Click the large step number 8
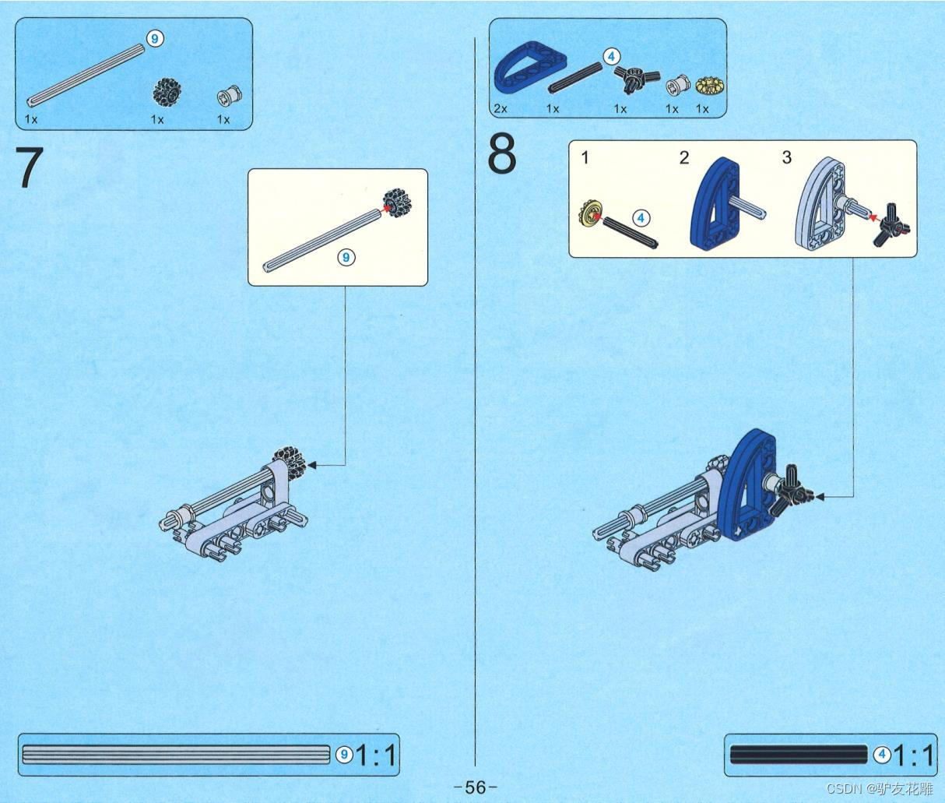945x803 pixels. tap(502, 153)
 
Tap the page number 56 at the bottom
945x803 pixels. tap(475, 787)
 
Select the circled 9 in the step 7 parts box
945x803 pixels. tap(155, 39)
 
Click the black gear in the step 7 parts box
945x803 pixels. tap(167, 92)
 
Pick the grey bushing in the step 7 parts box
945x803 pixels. tap(230, 95)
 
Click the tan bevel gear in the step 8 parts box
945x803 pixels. tap(710, 86)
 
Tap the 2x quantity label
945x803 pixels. tap(501, 109)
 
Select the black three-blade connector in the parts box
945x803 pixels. tap(637, 78)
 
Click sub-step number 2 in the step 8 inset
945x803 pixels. tap(684, 158)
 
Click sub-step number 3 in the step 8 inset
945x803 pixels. tap(786, 157)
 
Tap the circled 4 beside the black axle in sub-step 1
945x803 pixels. tap(641, 218)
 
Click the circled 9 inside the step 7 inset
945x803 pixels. tap(346, 257)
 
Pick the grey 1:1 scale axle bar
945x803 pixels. tap(176, 755)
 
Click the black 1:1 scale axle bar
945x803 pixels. tap(798, 755)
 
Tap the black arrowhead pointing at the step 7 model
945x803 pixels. tap(312, 465)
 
